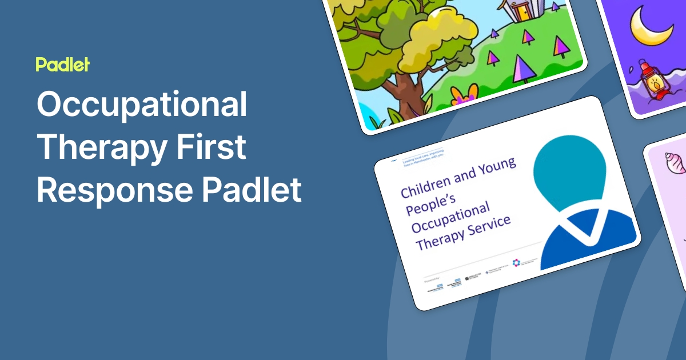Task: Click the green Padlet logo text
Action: (62, 65)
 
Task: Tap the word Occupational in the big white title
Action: (142, 106)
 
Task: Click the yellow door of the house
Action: (520, 11)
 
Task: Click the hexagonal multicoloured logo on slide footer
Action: (516, 263)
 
